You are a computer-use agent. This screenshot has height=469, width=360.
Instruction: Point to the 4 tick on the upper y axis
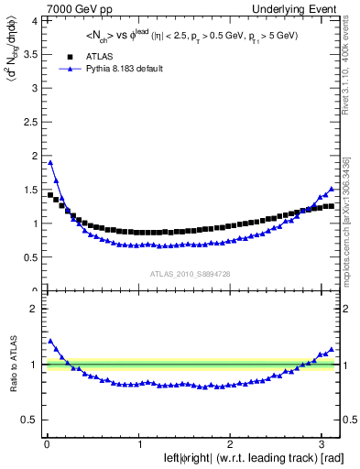tap(32, 20)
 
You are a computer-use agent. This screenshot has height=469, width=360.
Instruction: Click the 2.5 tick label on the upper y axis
tap(28, 121)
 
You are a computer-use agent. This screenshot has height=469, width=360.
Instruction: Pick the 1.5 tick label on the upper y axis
tap(28, 189)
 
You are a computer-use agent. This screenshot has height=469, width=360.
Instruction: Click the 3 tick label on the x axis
tap(320, 445)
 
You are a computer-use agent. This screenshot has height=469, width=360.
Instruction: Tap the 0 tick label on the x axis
tap(47, 445)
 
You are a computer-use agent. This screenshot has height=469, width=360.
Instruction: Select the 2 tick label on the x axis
tap(229, 445)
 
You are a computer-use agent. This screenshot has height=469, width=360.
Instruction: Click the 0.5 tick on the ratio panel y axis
tap(28, 420)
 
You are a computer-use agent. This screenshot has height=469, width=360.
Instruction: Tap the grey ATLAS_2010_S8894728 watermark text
tap(190, 274)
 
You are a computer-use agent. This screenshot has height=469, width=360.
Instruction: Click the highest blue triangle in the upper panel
tap(50, 162)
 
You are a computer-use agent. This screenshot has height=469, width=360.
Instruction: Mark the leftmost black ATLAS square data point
tap(50, 194)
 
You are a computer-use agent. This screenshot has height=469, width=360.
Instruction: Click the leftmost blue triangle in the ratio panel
tap(50, 341)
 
